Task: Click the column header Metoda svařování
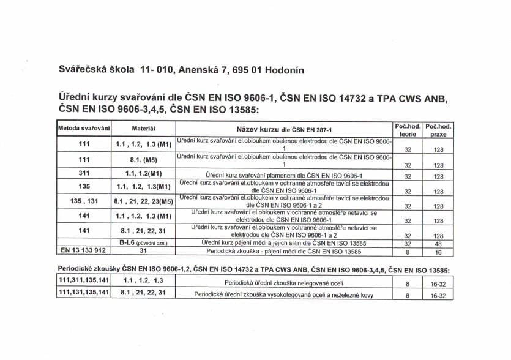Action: (84, 129)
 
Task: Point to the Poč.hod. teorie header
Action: (407, 129)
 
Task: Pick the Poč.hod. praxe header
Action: (438, 129)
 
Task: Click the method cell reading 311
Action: (84, 173)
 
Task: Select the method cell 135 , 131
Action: (84, 201)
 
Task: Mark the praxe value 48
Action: (438, 244)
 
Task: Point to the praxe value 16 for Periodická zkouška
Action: (438, 252)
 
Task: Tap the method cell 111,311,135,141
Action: (84, 280)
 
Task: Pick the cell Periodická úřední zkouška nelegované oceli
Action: (284, 283)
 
